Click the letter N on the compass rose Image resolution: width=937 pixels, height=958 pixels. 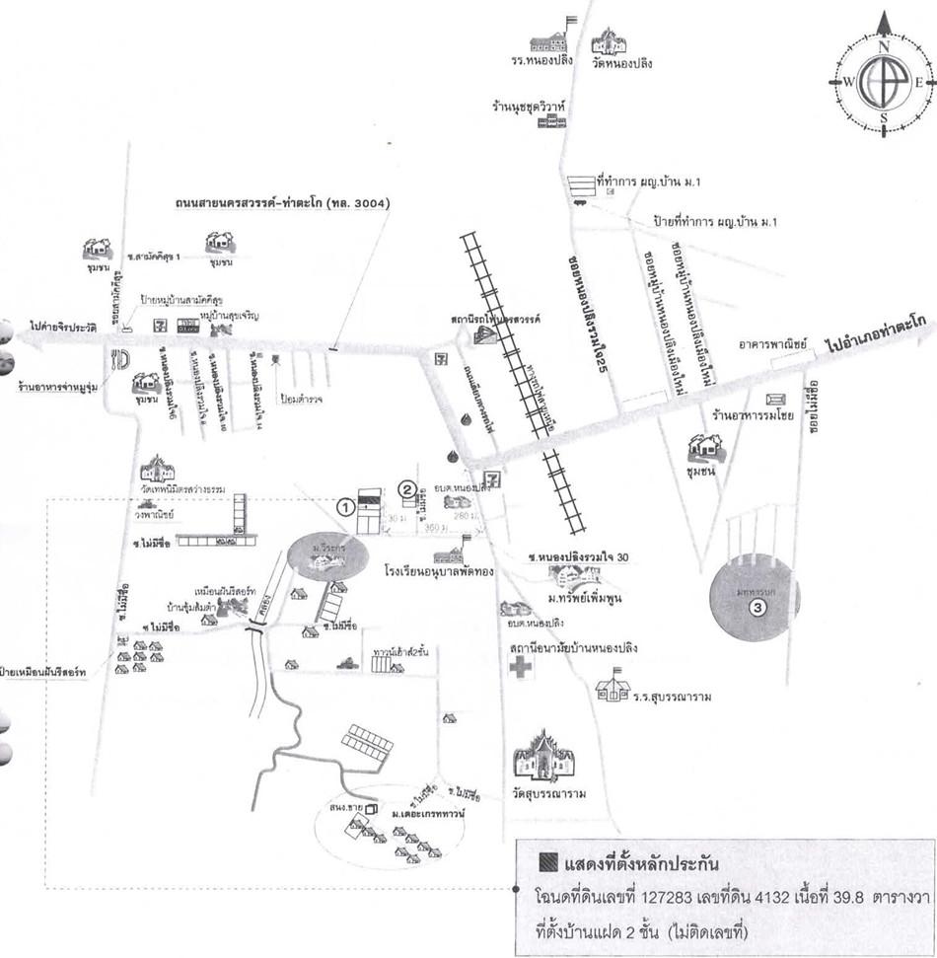(x=884, y=46)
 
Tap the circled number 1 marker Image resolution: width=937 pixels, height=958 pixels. (x=345, y=506)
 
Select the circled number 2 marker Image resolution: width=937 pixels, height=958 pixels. (x=406, y=487)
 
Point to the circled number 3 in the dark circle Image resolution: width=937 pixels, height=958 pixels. (x=757, y=608)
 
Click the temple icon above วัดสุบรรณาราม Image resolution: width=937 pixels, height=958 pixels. (x=543, y=757)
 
